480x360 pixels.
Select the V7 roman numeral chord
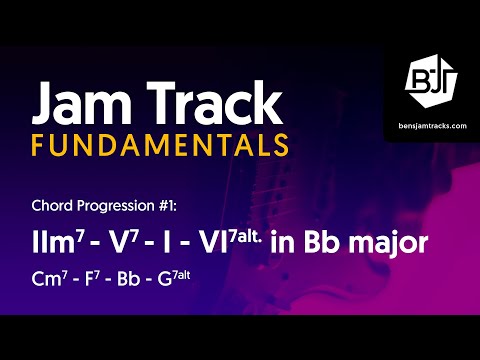(112, 243)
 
